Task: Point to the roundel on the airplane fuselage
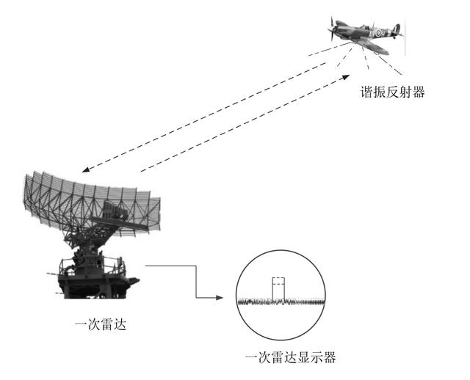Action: [378, 33]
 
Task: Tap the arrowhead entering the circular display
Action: [219, 298]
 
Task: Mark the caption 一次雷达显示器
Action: [290, 358]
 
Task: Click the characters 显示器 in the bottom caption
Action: [317, 358]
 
